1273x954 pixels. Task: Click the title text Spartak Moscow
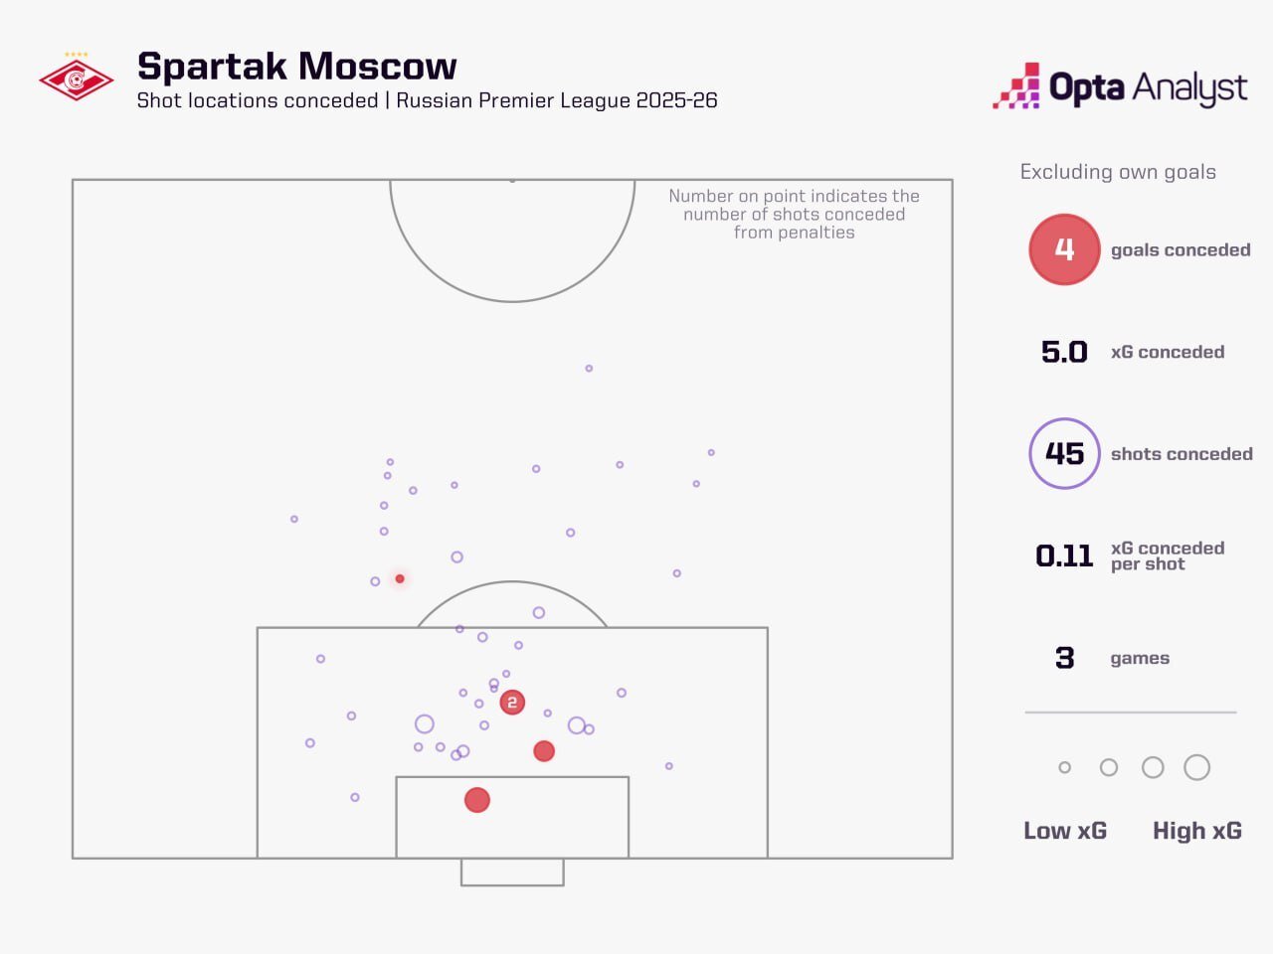[x=296, y=66]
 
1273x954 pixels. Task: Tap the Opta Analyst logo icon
[x=1015, y=86]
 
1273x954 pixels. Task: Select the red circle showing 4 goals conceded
[x=1064, y=249]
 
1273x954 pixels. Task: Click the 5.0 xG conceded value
[x=1064, y=352]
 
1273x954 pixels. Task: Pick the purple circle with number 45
[x=1064, y=454]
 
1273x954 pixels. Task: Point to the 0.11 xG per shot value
[x=1064, y=556]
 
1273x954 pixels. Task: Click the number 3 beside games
[x=1064, y=658]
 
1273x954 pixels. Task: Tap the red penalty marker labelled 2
[x=512, y=703]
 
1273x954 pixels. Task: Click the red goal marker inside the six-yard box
[x=477, y=800]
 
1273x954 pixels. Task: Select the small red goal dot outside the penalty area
[x=400, y=578]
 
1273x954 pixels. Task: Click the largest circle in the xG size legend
[x=1197, y=767]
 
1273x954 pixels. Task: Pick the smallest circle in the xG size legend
[x=1065, y=767]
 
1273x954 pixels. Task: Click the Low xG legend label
[x=1065, y=831]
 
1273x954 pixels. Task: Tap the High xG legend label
[x=1197, y=831]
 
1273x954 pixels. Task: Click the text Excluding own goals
[x=1118, y=172]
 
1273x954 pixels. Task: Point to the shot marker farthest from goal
[x=589, y=369]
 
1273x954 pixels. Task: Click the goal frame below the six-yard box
[x=512, y=873]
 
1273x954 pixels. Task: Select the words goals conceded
[x=1181, y=250]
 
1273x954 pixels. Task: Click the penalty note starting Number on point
[x=794, y=214]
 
